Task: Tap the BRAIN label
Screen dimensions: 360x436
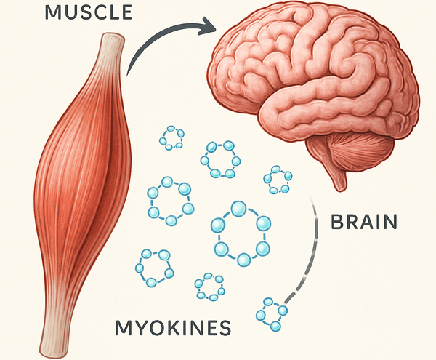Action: click(363, 222)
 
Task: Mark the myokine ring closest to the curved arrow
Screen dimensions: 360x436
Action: click(173, 137)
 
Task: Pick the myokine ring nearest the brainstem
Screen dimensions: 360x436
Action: click(278, 179)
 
